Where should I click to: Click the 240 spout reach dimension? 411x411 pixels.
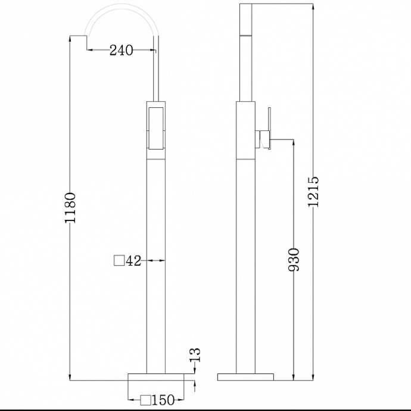click(x=121, y=50)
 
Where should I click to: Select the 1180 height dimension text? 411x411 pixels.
click(x=70, y=208)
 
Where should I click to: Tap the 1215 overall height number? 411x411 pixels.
click(x=313, y=192)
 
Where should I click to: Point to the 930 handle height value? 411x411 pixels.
click(x=293, y=260)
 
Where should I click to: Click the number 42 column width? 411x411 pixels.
click(x=133, y=261)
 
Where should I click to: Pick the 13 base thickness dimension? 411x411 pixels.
click(x=195, y=355)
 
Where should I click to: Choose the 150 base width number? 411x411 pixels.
click(x=163, y=400)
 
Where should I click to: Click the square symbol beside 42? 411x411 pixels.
click(x=119, y=260)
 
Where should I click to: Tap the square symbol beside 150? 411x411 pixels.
click(x=145, y=400)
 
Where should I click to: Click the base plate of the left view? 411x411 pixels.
click(x=156, y=376)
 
